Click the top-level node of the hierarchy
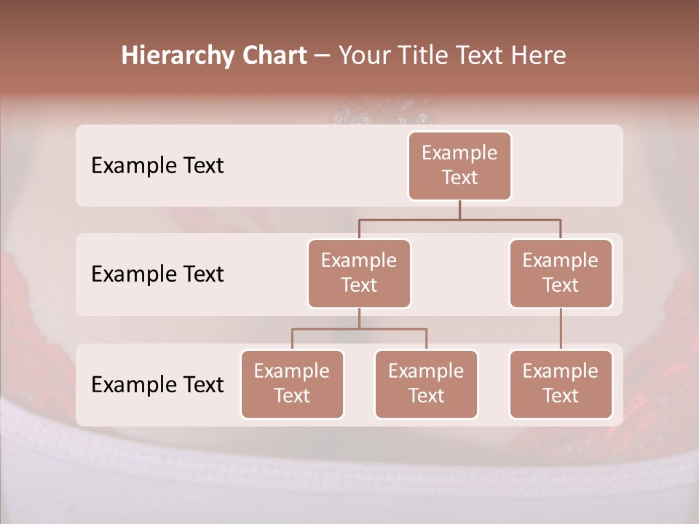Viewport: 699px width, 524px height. coord(459,165)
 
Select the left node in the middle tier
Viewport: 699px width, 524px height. coord(359,273)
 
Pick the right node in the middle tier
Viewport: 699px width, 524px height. coord(561,273)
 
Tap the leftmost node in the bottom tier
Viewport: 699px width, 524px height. coord(292,384)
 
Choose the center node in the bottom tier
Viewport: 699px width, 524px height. coord(426,384)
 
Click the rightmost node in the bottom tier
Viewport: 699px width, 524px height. coord(561,384)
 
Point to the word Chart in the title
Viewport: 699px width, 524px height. coord(274,56)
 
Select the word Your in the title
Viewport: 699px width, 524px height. coord(364,56)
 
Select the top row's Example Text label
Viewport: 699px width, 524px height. coord(157,166)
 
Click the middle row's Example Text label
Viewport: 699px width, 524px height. coord(157,274)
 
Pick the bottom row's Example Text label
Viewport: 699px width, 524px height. coord(157,385)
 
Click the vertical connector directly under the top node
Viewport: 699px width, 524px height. coord(459,210)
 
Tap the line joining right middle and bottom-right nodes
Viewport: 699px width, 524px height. coord(561,329)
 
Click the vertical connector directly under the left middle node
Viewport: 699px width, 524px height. coord(359,318)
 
